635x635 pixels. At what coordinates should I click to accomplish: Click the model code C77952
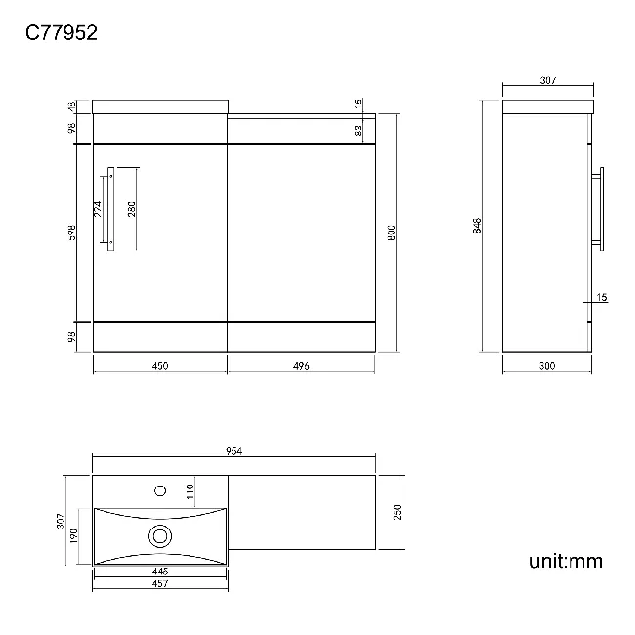point(61,33)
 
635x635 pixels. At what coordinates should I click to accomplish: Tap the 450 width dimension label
point(160,366)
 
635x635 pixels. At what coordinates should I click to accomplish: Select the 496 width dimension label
point(301,366)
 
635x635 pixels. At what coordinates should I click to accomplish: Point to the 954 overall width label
point(233,450)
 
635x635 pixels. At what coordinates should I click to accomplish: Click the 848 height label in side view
point(476,226)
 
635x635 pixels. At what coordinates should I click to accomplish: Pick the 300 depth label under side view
point(546,366)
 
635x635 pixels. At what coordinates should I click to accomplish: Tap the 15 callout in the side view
point(601,296)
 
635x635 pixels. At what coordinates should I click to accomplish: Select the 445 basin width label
point(160,571)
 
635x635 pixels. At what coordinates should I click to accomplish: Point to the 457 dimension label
point(160,583)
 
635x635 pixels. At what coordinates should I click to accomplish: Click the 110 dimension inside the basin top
point(190,489)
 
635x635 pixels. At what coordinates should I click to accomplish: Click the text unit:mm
point(566,561)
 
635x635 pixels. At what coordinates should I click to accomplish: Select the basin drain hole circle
point(159,534)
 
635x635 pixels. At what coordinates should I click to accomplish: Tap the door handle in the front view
point(112,209)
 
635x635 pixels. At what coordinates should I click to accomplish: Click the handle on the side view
point(602,208)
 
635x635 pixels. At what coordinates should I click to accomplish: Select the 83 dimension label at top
point(359,129)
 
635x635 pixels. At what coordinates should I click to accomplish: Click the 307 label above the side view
point(547,82)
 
